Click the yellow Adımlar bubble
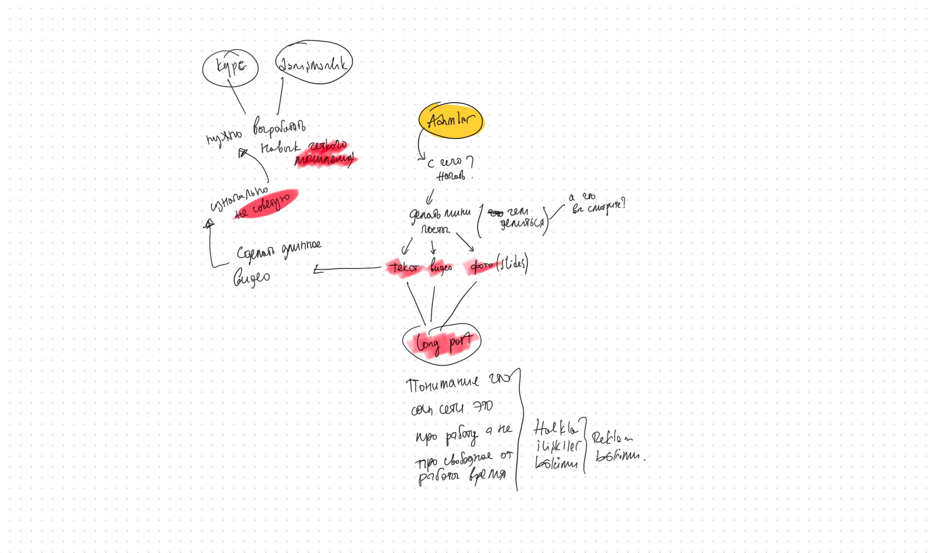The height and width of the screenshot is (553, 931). pos(451,120)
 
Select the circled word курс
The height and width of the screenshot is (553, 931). pos(231,67)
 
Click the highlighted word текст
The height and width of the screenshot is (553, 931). pos(404,267)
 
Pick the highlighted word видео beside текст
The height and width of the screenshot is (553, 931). pos(441,268)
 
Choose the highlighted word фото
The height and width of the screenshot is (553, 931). pos(481,266)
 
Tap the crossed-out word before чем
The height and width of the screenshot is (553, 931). pos(495,213)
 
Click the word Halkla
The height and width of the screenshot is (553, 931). pos(556,429)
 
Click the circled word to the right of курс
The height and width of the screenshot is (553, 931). pos(313,64)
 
